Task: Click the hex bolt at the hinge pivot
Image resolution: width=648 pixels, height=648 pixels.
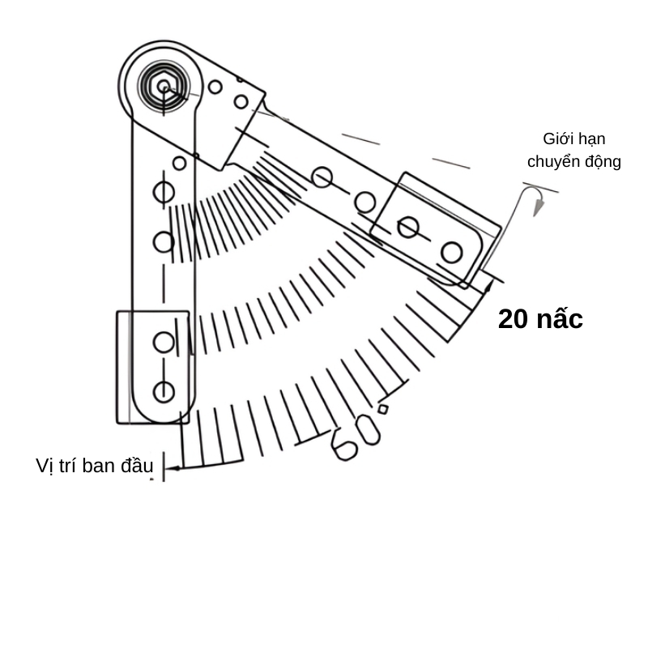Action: pos(164,84)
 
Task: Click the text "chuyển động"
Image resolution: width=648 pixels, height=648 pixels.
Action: pos(573,161)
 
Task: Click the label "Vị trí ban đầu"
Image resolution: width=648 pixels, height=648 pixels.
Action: pos(94,466)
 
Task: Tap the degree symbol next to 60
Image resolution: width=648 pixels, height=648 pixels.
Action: pos(383,409)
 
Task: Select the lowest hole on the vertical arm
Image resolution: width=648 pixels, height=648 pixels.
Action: pos(164,392)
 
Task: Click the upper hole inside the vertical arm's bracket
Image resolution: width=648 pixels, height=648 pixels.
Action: pos(164,342)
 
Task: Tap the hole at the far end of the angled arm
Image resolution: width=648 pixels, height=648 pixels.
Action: pos(451,253)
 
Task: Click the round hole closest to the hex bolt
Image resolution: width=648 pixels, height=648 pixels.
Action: pos(215,87)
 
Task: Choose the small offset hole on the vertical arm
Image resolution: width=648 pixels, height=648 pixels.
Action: pos(179,163)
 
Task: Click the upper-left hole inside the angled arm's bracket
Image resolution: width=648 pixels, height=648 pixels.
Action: pos(408,228)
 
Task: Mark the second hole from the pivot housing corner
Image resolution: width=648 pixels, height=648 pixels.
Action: pos(241,101)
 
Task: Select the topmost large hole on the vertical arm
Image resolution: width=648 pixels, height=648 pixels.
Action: pos(164,192)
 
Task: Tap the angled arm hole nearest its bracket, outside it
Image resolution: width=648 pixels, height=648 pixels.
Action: pos(365,202)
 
